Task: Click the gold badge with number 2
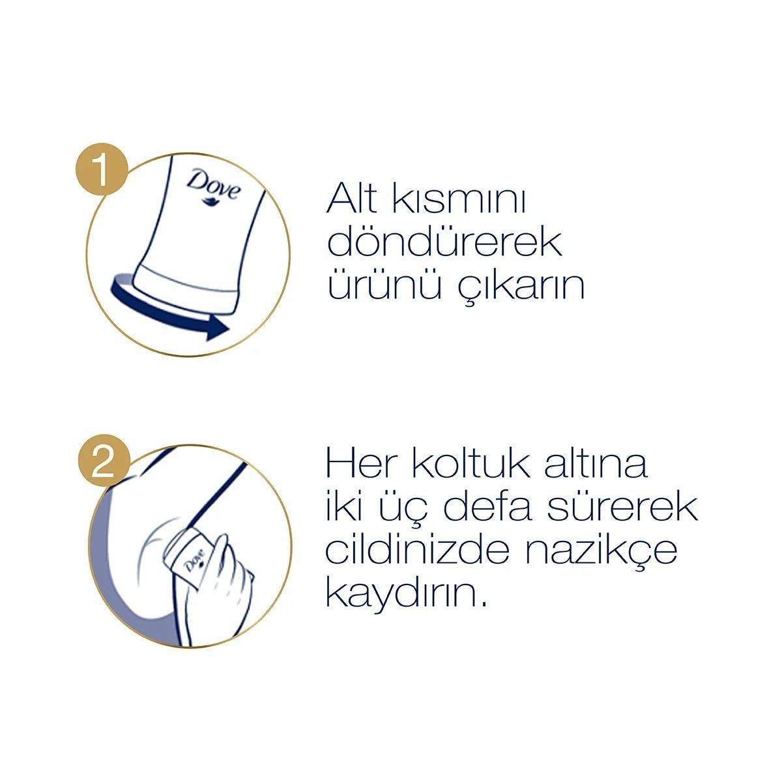point(103,464)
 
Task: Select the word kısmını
point(458,199)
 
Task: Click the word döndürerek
point(445,242)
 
